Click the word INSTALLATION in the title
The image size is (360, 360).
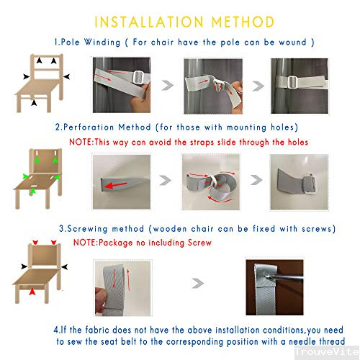click(147, 22)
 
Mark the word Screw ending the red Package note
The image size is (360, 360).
click(197, 243)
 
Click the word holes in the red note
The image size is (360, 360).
click(293, 142)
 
